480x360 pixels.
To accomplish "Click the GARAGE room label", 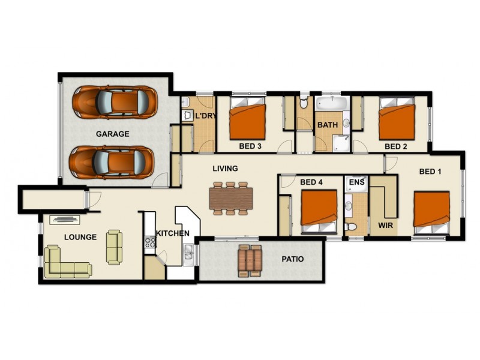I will tap(112, 134).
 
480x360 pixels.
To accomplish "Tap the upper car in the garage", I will tap(115, 101).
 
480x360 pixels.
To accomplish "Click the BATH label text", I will tap(327, 125).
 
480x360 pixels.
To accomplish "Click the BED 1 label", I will tap(430, 172).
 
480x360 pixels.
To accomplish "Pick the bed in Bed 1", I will tap(431, 209).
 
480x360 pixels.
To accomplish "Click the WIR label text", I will tap(384, 226).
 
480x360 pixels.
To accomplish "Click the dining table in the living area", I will tap(231, 198).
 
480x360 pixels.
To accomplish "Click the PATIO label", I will tap(293, 259).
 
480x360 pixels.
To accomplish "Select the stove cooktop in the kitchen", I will tap(150, 242).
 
